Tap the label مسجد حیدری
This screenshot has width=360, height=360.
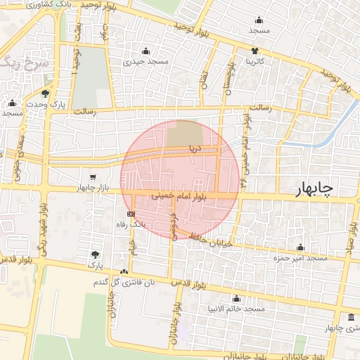tap(146, 61)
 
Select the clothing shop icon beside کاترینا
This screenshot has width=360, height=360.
tap(255, 51)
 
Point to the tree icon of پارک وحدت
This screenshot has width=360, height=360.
tap(46, 94)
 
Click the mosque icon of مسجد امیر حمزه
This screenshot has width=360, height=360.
tap(301, 247)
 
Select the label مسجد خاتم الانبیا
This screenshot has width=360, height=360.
tap(236, 309)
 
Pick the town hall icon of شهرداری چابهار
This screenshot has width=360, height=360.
tap(352, 317)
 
